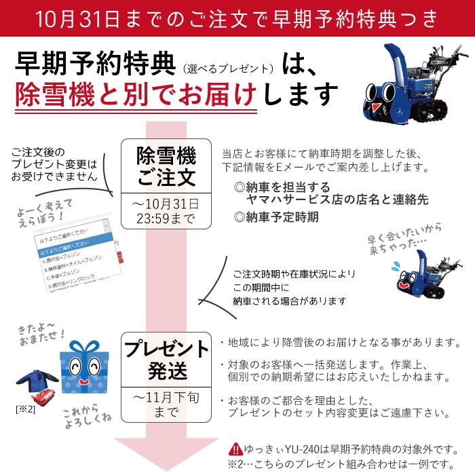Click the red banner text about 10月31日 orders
237,17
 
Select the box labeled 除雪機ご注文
166,166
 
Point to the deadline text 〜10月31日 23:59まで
166,211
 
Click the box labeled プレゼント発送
166,360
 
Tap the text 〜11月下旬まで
166,404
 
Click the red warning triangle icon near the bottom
235,449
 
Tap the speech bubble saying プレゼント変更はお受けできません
54,164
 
